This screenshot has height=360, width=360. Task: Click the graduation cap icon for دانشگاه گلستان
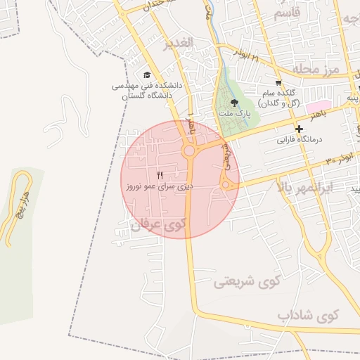pyautogui.click(x=146, y=75)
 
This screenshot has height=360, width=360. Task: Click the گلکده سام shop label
pyautogui.click(x=280, y=98)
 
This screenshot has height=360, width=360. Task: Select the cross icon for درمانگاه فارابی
pyautogui.click(x=300, y=129)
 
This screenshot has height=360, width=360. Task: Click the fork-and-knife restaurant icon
pyautogui.click(x=160, y=175)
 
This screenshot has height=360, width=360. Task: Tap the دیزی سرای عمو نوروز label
pyautogui.click(x=160, y=187)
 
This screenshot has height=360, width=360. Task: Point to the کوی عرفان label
pyautogui.click(x=160, y=224)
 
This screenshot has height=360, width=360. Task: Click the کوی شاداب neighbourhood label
pyautogui.click(x=308, y=314)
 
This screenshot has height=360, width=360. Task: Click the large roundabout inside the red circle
pyautogui.click(x=189, y=150)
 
